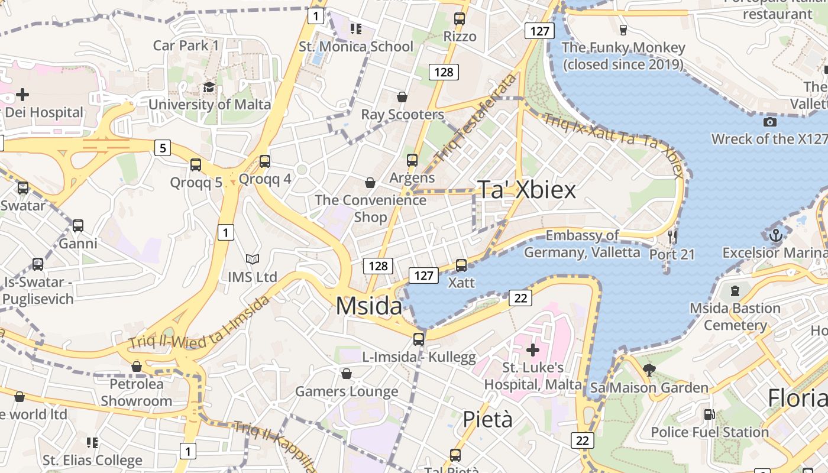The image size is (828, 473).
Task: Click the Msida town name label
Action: (369, 306)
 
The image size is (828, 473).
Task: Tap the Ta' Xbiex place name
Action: (526, 190)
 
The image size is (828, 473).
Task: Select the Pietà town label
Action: (487, 419)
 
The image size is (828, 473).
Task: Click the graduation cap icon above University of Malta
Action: (209, 88)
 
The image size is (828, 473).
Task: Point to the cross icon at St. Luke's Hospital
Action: (533, 350)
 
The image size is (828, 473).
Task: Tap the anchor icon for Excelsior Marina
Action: (776, 235)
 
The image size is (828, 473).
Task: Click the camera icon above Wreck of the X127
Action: (769, 122)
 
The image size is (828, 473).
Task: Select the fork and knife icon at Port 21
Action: (672, 237)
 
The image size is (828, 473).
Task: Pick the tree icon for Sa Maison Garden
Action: (649, 370)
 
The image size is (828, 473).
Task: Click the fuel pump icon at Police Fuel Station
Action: (709, 414)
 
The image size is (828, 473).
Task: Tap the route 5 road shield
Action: (163, 148)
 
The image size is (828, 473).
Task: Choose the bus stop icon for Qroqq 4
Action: (264, 161)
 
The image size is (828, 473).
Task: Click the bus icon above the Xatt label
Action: (461, 265)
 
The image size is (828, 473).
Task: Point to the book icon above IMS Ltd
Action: (253, 259)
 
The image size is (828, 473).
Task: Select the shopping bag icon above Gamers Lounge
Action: (347, 374)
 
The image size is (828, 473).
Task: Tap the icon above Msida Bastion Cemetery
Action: (735, 291)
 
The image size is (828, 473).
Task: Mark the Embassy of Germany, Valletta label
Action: (582, 244)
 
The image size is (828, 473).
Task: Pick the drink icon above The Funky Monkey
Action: (623, 30)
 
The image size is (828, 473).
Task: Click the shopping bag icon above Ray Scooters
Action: (402, 97)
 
